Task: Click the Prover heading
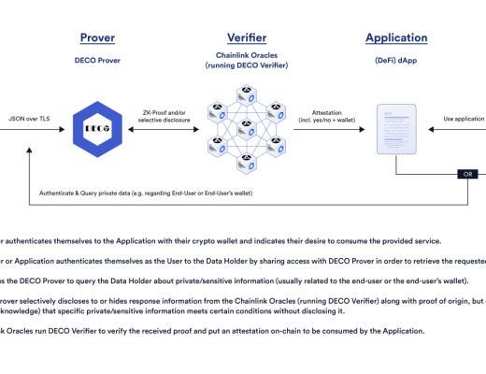[98, 38]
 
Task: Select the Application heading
[396, 38]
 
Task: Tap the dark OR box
[468, 174]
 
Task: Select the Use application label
[462, 120]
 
